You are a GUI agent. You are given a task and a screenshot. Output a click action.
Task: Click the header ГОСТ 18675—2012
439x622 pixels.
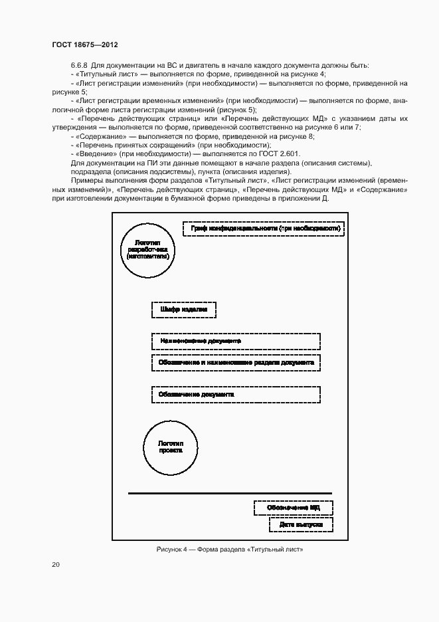pos(84,45)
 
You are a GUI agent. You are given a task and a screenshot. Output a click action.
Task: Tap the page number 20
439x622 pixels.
pos(55,564)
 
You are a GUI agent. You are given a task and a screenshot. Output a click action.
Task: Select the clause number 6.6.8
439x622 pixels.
pos(80,66)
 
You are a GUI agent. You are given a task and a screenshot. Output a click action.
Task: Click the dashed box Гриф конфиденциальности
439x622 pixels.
pos(264,229)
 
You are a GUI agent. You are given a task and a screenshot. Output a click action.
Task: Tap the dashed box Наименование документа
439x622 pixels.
pos(236,342)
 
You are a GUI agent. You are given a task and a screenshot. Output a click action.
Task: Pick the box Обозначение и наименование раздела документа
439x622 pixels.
pos(236,363)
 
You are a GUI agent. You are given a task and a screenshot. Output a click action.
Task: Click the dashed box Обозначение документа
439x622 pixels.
pos(236,395)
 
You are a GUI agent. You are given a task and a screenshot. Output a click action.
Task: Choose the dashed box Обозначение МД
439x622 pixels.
pos(293,508)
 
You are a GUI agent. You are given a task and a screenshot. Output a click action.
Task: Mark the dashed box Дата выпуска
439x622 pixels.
pos(301,525)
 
